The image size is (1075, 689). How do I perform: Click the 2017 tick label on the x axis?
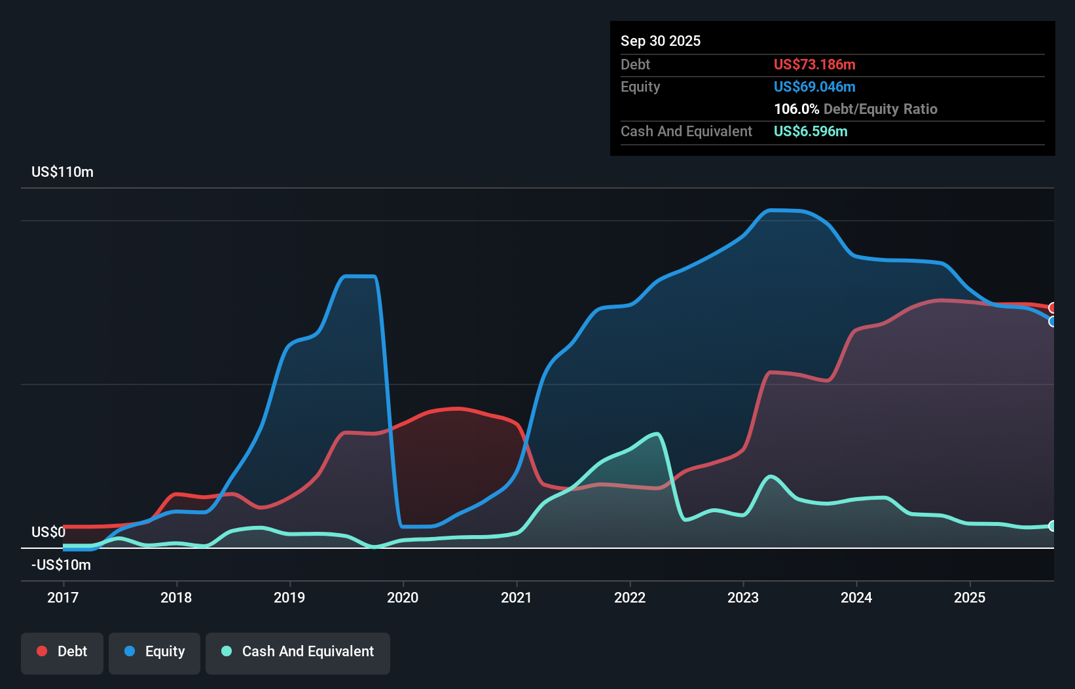(63, 597)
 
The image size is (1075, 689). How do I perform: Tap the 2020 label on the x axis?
(403, 597)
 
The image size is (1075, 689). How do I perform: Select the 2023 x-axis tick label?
(743, 597)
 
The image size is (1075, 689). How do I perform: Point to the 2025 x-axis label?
(970, 597)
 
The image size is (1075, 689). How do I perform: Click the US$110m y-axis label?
(62, 172)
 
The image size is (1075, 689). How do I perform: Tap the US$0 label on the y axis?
(48, 532)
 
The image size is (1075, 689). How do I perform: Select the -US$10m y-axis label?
(61, 565)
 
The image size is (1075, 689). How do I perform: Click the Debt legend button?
(62, 652)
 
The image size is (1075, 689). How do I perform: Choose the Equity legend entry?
(155, 652)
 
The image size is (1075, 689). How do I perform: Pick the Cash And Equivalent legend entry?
(298, 652)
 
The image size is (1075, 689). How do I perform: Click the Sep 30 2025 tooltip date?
(660, 41)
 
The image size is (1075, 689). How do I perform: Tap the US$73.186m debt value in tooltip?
(814, 64)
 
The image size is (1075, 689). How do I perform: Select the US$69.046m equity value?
(814, 86)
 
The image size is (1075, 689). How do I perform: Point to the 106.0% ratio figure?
(796, 109)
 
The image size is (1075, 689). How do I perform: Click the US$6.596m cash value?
(810, 131)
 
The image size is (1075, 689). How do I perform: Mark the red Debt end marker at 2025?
(1052, 308)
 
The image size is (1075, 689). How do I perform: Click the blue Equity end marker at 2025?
(1052, 322)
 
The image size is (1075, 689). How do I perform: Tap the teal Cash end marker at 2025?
(1052, 526)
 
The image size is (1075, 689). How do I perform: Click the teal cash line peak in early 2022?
(656, 434)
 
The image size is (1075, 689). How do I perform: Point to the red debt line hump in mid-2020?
(458, 409)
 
